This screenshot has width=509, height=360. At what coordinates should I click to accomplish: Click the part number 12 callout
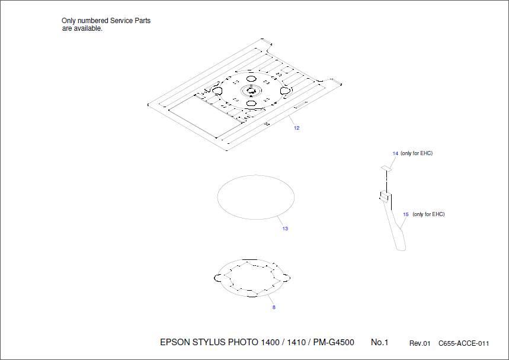click(x=296, y=128)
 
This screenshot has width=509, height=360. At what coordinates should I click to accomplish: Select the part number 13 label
click(x=285, y=229)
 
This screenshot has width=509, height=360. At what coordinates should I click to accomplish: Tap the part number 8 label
click(x=274, y=307)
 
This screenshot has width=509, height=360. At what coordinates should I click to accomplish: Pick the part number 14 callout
click(x=395, y=153)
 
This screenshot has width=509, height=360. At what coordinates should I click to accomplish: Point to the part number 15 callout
click(x=406, y=214)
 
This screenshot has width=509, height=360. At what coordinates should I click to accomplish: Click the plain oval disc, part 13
click(x=257, y=197)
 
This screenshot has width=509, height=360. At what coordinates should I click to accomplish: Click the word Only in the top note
click(x=69, y=21)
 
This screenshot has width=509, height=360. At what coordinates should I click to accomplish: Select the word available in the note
click(x=88, y=28)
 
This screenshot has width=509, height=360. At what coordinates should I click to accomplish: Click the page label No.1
click(x=379, y=342)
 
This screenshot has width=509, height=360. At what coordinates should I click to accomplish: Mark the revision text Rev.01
click(x=420, y=343)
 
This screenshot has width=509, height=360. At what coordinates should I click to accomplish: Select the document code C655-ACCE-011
click(x=463, y=343)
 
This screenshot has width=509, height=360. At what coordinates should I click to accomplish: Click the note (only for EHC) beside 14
click(x=417, y=153)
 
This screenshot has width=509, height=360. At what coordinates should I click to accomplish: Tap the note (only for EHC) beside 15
click(x=428, y=214)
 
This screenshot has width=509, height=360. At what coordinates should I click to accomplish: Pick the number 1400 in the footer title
click(x=270, y=342)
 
